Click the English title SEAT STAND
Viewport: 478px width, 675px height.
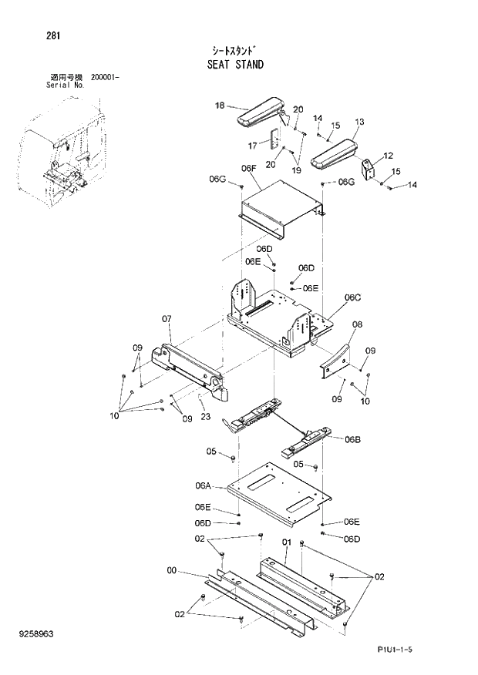[x=234, y=65]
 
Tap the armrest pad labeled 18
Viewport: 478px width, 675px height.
[x=259, y=115]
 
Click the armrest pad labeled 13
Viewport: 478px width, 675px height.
[x=336, y=152]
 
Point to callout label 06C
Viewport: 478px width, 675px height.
[x=352, y=297]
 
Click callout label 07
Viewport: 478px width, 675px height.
[x=166, y=318]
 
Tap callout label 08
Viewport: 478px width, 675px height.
[x=356, y=325]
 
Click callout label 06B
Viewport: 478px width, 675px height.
[x=352, y=439]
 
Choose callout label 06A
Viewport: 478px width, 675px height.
[x=203, y=485]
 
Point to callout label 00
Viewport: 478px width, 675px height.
[x=171, y=571]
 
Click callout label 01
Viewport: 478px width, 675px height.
[x=286, y=543]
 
